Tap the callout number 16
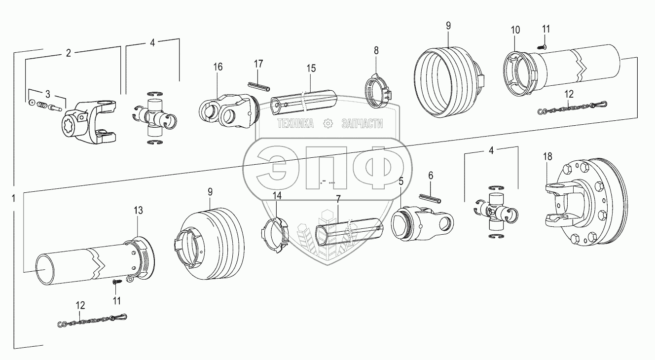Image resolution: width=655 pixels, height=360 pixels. pyautogui.click(x=218, y=67)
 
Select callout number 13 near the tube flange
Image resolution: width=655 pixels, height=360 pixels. pyautogui.click(x=139, y=211)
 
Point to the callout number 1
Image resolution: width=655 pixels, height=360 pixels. pyautogui.click(x=14, y=199)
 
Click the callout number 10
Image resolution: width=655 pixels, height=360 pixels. pyautogui.click(x=515, y=30)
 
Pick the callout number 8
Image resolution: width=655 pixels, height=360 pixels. pyautogui.click(x=376, y=50)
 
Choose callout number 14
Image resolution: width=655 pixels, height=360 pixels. pyautogui.click(x=278, y=196)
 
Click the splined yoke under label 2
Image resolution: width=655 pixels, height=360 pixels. pyautogui.click(x=90, y=124)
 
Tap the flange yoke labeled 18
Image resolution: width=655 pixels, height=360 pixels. pyautogui.click(x=587, y=205)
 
